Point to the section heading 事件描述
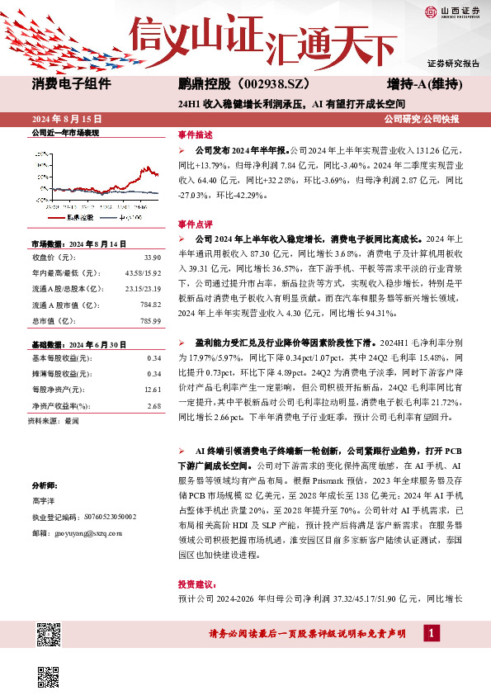(x=196, y=135)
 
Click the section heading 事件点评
(x=196, y=224)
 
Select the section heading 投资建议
(x=196, y=582)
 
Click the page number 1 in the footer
(x=430, y=633)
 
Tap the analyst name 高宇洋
(x=45, y=501)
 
